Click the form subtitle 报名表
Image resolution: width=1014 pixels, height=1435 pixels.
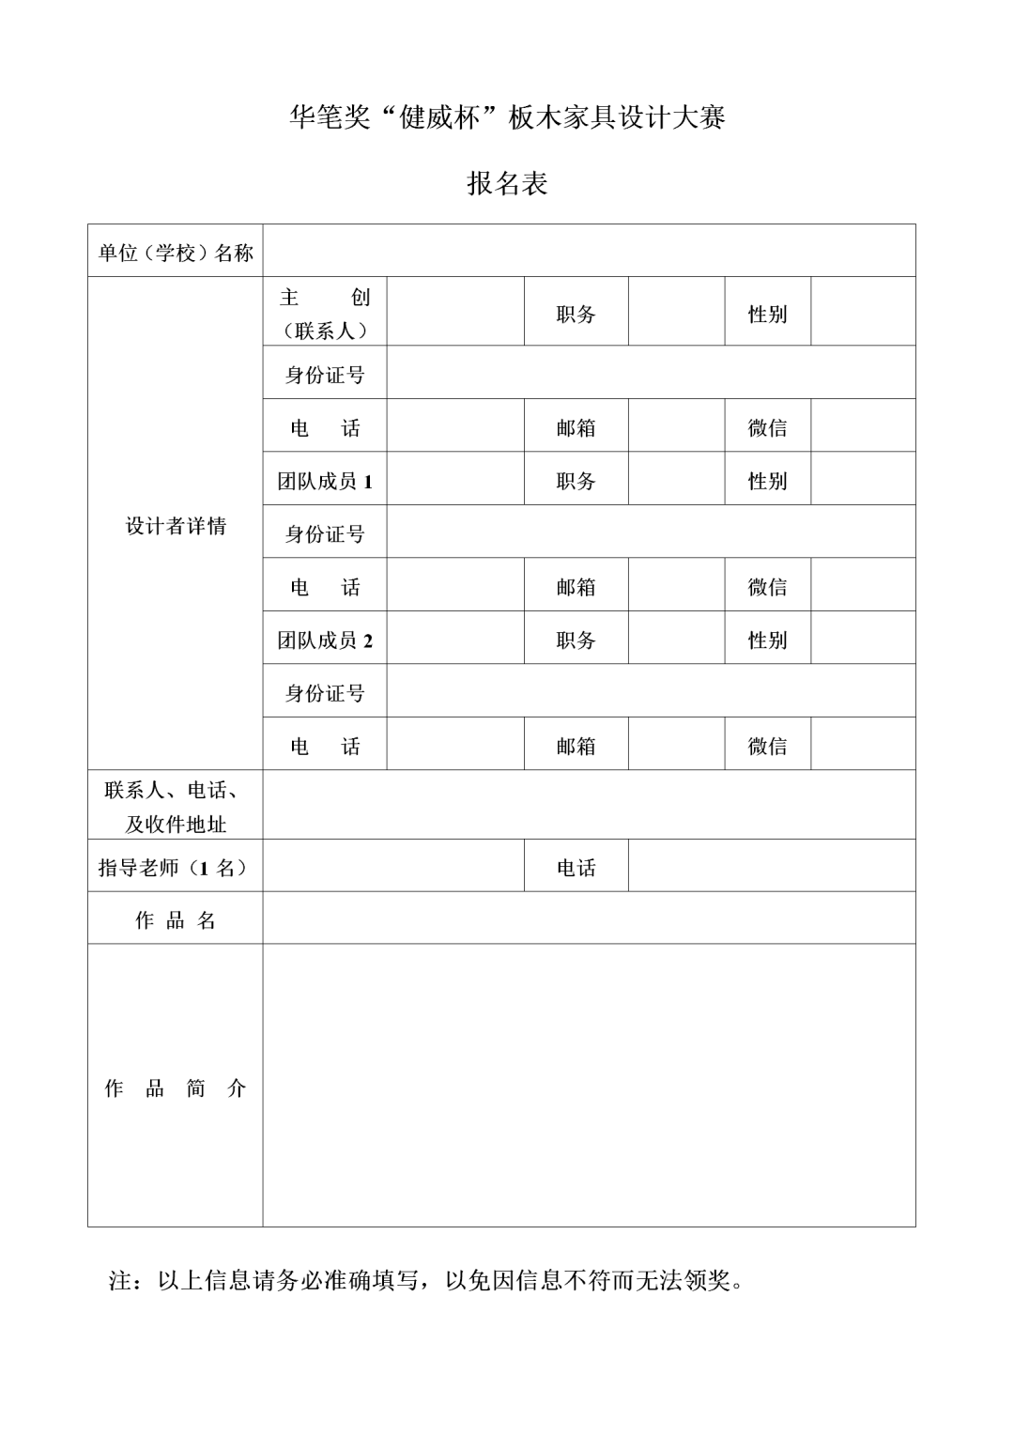point(507,183)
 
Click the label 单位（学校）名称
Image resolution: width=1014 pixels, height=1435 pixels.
point(176,252)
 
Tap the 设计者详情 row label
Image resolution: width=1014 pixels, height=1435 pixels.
point(176,526)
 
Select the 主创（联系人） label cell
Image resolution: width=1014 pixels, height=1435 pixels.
point(325,314)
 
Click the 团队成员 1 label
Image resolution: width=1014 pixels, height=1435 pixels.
point(325,482)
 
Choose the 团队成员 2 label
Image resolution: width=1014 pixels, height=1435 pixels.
point(325,640)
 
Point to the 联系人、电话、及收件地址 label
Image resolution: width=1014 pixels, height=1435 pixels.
point(176,807)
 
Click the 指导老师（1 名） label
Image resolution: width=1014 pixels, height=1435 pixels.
point(176,868)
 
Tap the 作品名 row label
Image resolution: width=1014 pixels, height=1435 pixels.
point(176,920)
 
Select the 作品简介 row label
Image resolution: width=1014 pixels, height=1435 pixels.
point(176,1088)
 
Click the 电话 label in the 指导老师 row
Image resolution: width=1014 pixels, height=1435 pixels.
point(576,868)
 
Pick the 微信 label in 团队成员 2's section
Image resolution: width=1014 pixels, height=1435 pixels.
point(767,747)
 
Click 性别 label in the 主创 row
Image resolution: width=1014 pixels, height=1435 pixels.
point(767,314)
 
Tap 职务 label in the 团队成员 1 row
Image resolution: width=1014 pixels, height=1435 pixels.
point(576,481)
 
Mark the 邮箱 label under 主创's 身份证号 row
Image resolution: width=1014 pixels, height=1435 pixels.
point(576,428)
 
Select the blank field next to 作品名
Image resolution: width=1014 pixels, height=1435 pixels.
point(589,918)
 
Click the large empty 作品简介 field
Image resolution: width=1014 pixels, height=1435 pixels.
point(589,1085)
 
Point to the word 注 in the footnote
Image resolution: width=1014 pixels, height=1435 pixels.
point(120,1280)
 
